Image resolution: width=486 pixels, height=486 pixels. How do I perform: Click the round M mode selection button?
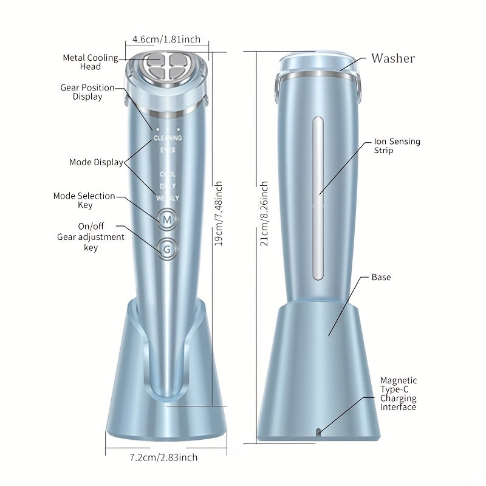166,219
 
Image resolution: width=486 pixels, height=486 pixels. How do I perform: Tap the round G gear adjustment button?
166,248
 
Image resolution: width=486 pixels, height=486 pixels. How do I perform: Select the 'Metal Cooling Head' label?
91,62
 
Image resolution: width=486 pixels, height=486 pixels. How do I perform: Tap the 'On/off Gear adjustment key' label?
91,237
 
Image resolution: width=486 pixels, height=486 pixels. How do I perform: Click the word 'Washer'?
393,58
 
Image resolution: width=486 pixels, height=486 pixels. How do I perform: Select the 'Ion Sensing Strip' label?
397,146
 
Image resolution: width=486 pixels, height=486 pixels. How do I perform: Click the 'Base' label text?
381,277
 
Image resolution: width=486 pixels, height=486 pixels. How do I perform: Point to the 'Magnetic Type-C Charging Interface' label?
399,394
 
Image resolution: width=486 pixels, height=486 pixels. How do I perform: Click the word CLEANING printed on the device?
167,138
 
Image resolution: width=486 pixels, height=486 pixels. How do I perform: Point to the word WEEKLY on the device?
167,197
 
